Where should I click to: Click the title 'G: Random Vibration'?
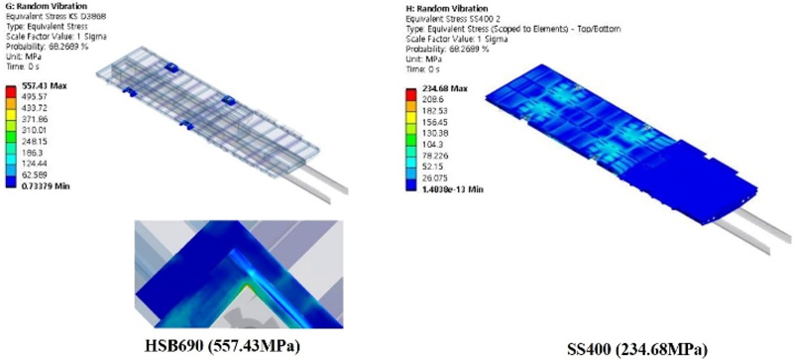[x=39, y=6]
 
